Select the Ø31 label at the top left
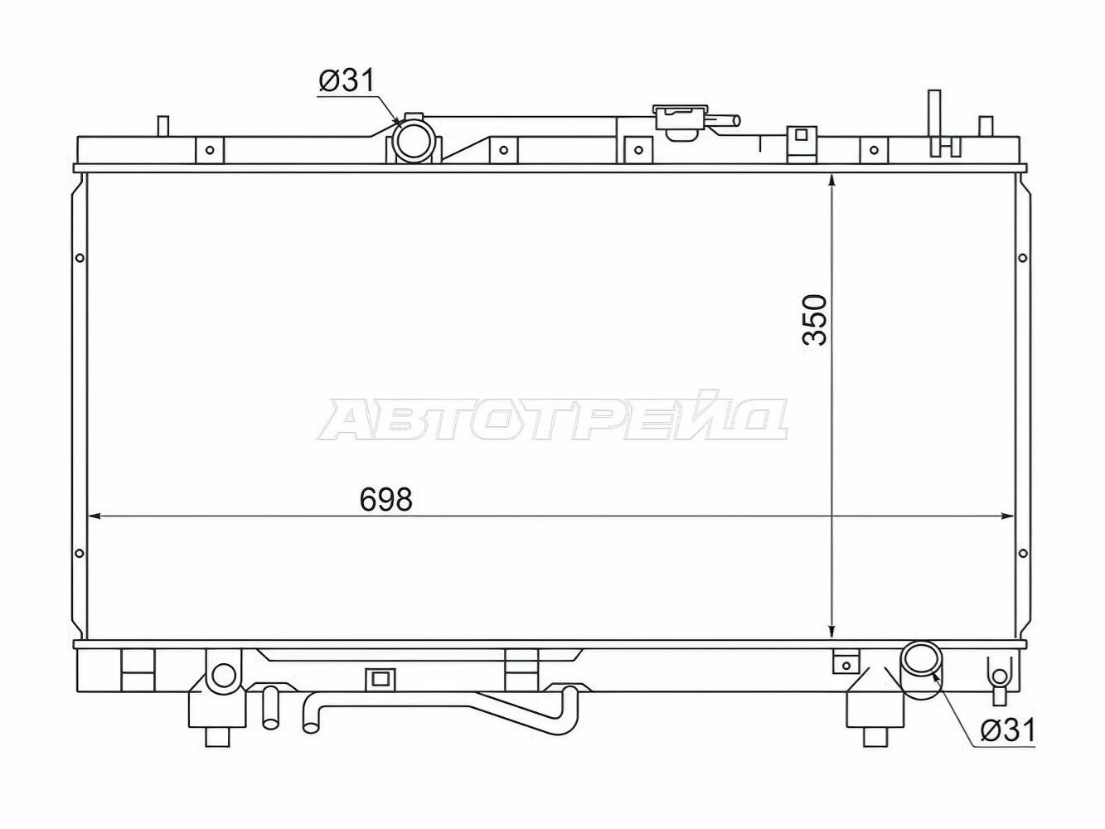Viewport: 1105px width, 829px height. (x=347, y=80)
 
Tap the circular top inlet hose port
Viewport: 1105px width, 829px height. (x=414, y=140)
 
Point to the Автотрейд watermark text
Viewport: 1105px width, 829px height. (x=552, y=419)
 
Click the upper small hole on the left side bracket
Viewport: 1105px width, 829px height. (x=80, y=258)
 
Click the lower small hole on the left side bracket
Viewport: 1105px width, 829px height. (x=79, y=554)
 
